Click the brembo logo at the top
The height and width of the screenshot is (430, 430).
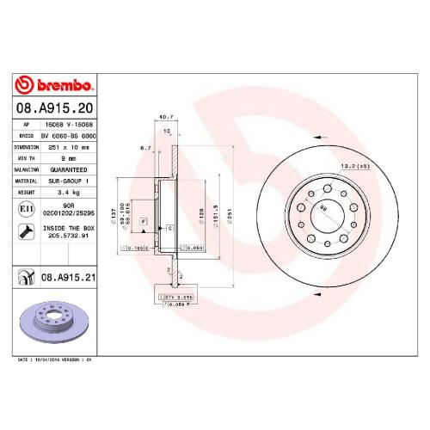pyautogui.click(x=54, y=86)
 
